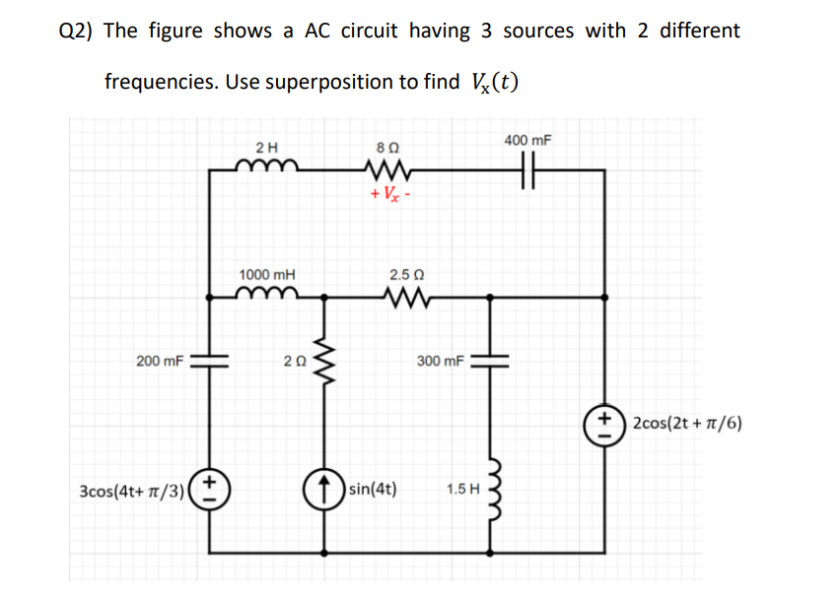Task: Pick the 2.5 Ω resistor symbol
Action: pos(406,294)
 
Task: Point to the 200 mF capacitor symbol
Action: pos(209,362)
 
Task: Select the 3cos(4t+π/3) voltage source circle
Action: pos(209,489)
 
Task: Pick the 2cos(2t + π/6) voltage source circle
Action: pos(603,425)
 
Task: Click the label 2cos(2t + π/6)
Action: pos(687,425)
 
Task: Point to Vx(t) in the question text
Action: pos(489,82)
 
